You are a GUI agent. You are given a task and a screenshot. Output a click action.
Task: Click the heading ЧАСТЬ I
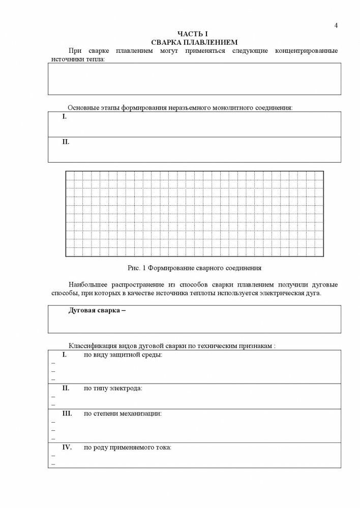pyautogui.click(x=194, y=34)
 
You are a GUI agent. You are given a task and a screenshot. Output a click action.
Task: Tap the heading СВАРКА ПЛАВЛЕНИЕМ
pyautogui.click(x=194, y=42)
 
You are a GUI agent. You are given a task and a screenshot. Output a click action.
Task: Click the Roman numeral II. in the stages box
pyautogui.click(x=66, y=142)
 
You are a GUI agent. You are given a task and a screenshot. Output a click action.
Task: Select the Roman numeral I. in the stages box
pyautogui.click(x=65, y=117)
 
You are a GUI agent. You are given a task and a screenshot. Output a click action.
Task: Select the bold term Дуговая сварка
pyautogui.click(x=94, y=310)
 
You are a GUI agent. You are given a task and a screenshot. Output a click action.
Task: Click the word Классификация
pyautogui.click(x=91, y=345)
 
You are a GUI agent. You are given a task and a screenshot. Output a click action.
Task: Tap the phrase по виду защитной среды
pyautogui.click(x=123, y=355)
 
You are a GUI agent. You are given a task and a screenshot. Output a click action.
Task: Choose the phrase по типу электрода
pyautogui.click(x=113, y=388)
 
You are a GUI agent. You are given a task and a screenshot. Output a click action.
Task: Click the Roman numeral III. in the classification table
pyautogui.click(x=68, y=414)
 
